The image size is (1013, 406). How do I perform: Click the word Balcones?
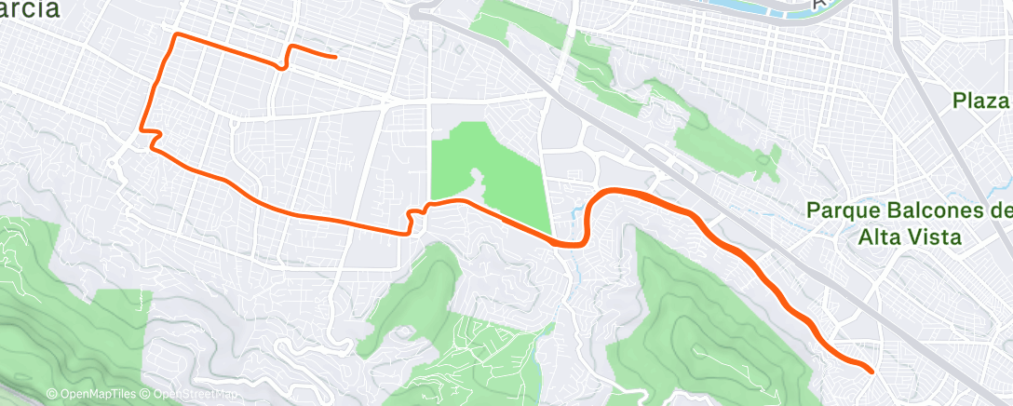[924, 211]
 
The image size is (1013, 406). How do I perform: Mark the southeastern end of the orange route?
[871, 371]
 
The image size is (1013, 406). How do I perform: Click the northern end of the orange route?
[334, 57]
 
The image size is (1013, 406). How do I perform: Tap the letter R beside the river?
[819, 5]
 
